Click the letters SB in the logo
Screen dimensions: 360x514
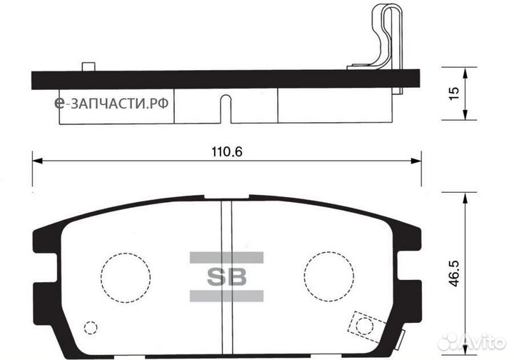click(226, 276)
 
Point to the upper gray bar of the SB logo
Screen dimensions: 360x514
click(226, 256)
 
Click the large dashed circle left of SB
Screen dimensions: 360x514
click(126, 275)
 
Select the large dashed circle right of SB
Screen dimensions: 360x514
click(329, 275)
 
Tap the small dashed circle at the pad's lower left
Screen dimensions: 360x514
click(90, 328)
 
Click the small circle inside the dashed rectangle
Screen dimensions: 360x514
click(364, 326)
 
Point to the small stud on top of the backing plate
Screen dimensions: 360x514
click(89, 67)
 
